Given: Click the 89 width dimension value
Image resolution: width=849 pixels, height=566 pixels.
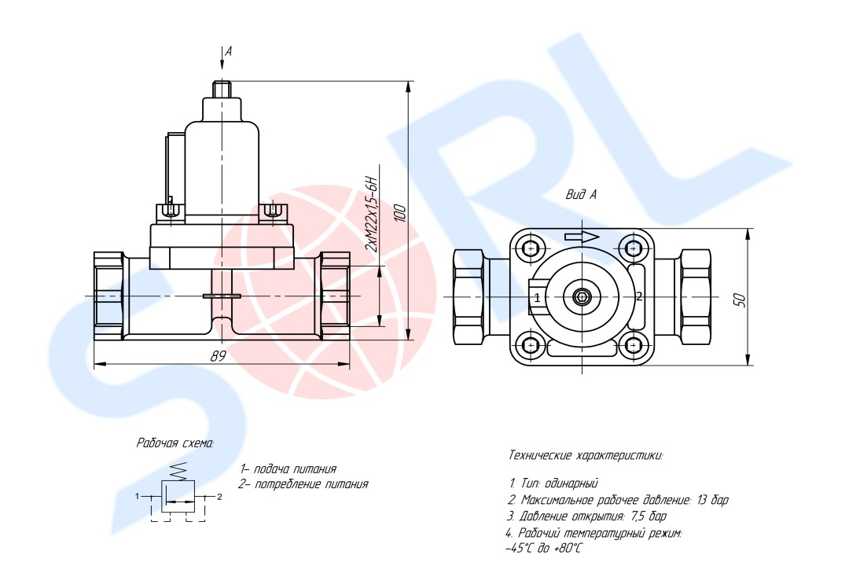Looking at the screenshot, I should point(219,356).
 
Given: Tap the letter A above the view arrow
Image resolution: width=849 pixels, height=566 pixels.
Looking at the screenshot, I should point(229,51).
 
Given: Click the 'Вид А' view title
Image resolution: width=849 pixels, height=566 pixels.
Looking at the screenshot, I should point(581,194).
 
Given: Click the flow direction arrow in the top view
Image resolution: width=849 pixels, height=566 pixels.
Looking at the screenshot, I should point(582,236).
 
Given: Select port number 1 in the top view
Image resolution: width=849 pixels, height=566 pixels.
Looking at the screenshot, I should point(537,297).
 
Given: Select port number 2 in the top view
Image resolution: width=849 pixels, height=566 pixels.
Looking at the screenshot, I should point(639,296).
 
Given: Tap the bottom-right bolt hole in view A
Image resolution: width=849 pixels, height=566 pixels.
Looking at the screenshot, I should point(633,345).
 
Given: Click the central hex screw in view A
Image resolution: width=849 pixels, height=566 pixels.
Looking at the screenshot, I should point(582,296).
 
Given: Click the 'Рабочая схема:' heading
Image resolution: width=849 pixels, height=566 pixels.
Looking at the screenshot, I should point(175,443).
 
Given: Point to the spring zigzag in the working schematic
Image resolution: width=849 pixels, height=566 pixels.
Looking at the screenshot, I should point(178,471).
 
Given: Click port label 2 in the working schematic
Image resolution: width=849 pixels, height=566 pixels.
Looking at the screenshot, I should point(220,497).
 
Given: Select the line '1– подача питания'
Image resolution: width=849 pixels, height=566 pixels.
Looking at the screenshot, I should point(289,469).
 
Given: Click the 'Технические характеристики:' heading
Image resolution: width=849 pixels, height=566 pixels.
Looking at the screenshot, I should point(586,455).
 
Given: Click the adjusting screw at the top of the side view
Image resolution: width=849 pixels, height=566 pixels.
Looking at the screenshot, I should point(222,89).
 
